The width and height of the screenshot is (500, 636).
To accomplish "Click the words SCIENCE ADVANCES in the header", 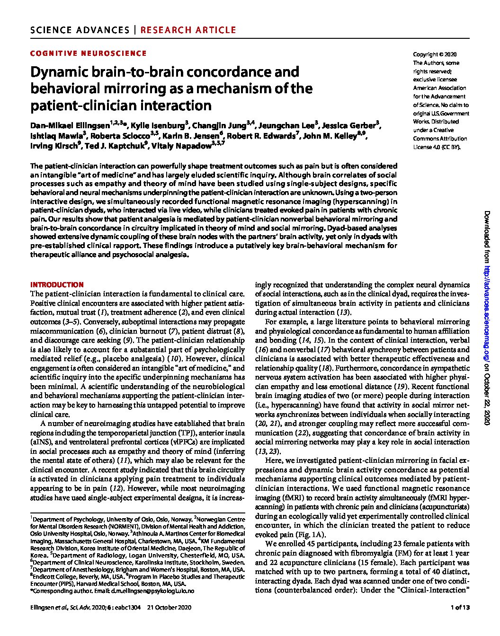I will click(80, 30).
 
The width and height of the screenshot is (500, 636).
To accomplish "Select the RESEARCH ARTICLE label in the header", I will click(188, 30).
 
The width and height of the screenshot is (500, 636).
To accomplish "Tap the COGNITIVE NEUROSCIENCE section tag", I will click(88, 53).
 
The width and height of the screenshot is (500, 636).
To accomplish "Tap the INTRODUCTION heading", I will click(57, 285).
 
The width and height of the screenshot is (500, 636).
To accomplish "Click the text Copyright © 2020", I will click(435, 54).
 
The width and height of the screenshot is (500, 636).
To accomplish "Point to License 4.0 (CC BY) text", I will click(437, 147).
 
